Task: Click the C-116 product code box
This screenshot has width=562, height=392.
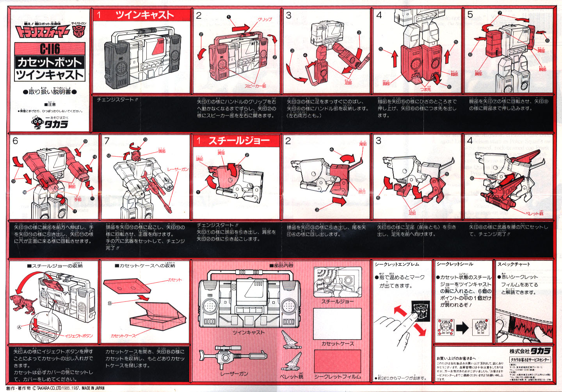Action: (x=50, y=49)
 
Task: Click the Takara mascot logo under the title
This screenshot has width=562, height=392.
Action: (x=38, y=123)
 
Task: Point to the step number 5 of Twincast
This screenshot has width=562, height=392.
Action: (x=470, y=15)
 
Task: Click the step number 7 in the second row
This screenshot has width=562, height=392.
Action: (x=107, y=141)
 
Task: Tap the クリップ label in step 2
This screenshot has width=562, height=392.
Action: (x=265, y=19)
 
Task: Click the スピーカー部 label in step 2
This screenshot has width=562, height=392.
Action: (x=255, y=86)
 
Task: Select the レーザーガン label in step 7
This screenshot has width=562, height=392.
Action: (x=178, y=169)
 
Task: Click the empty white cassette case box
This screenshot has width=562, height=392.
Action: (x=337, y=324)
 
